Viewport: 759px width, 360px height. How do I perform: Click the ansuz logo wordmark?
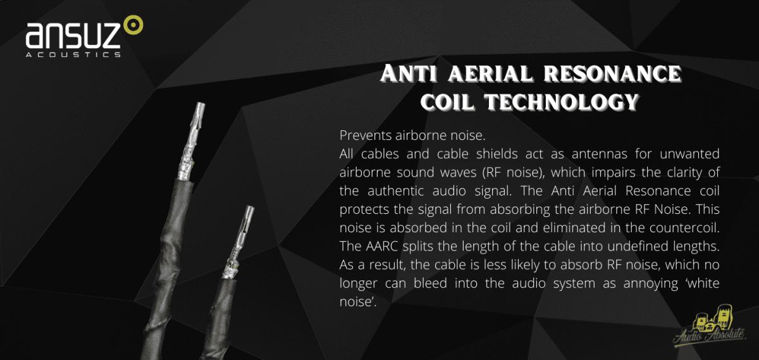coord(73,35)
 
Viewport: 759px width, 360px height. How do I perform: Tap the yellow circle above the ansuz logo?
coord(133,25)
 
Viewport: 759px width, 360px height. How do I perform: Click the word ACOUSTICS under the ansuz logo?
coord(73,54)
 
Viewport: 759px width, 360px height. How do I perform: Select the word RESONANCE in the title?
coord(613,73)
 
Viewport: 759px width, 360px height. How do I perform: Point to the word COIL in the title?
coord(447,102)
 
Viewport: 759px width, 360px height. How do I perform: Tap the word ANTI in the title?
coord(409,73)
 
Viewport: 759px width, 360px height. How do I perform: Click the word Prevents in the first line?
coord(366,135)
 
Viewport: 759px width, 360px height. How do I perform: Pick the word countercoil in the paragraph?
coord(684,228)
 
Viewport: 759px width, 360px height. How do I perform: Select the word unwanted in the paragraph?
coord(689,154)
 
